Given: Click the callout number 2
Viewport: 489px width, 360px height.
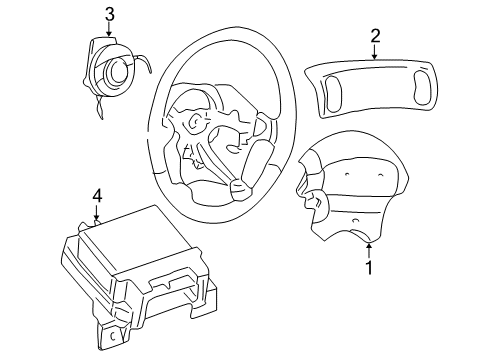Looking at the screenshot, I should pos(375,37).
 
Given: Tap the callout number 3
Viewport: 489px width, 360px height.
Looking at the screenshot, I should pos(109,13).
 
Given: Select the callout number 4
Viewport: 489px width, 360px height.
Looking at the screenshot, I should pos(97,195).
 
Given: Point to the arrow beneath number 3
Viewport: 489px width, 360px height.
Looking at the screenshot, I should pos(109,30).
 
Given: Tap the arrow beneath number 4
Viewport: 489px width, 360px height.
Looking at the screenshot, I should pos(97,212).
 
